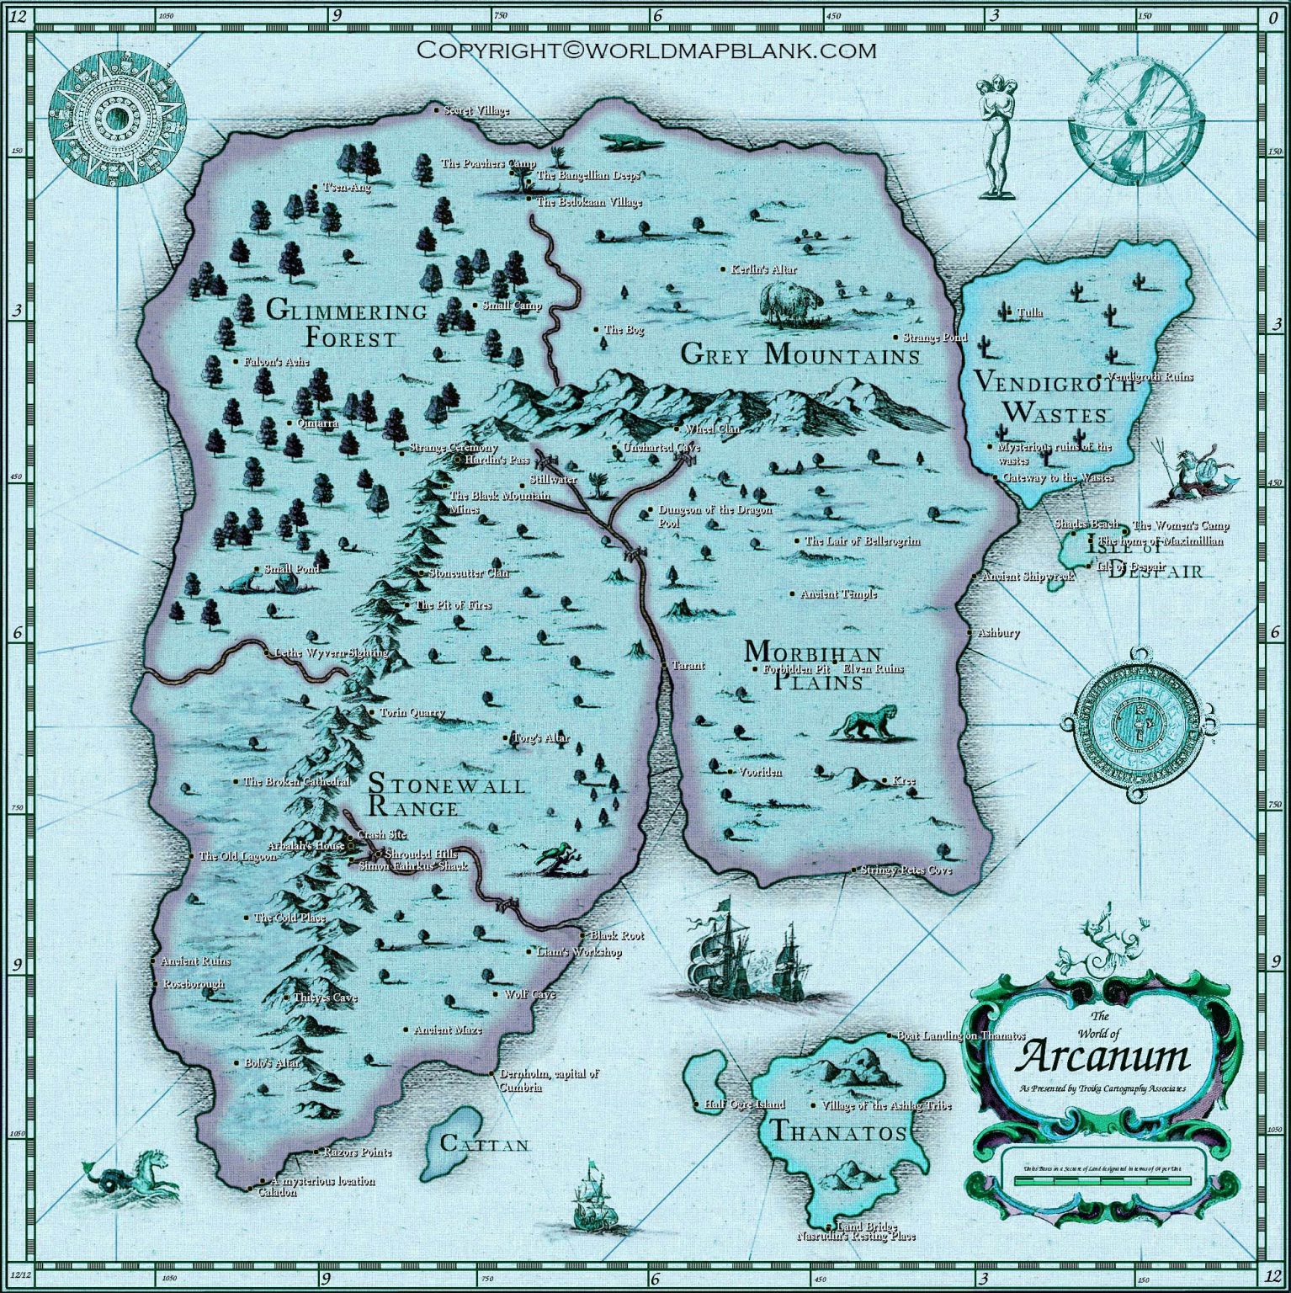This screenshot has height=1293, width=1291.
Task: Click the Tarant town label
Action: (688, 666)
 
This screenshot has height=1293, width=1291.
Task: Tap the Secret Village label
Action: (476, 110)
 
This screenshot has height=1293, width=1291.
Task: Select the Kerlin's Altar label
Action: (763, 269)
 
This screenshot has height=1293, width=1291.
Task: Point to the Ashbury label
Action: (998, 632)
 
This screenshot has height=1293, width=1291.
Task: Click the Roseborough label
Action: (194, 983)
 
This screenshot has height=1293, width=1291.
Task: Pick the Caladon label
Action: (277, 1192)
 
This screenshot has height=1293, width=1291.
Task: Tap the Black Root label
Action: (616, 935)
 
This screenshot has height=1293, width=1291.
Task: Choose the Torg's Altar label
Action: (541, 738)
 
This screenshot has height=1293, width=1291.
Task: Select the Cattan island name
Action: (485, 1144)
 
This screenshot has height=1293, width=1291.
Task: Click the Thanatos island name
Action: (838, 1132)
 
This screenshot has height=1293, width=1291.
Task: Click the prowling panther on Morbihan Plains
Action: (867, 722)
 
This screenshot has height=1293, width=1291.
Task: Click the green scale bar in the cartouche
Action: (1102, 1180)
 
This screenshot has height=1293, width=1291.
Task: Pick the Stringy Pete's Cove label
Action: (906, 870)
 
